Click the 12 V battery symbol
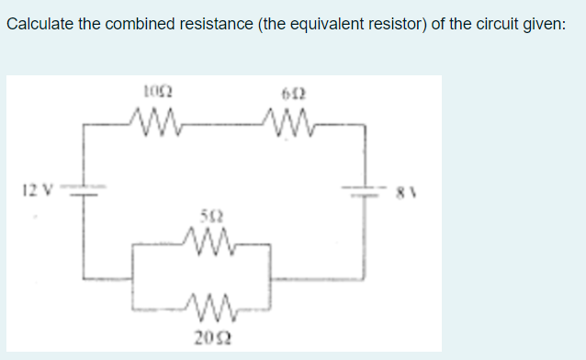(x=85, y=188)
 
